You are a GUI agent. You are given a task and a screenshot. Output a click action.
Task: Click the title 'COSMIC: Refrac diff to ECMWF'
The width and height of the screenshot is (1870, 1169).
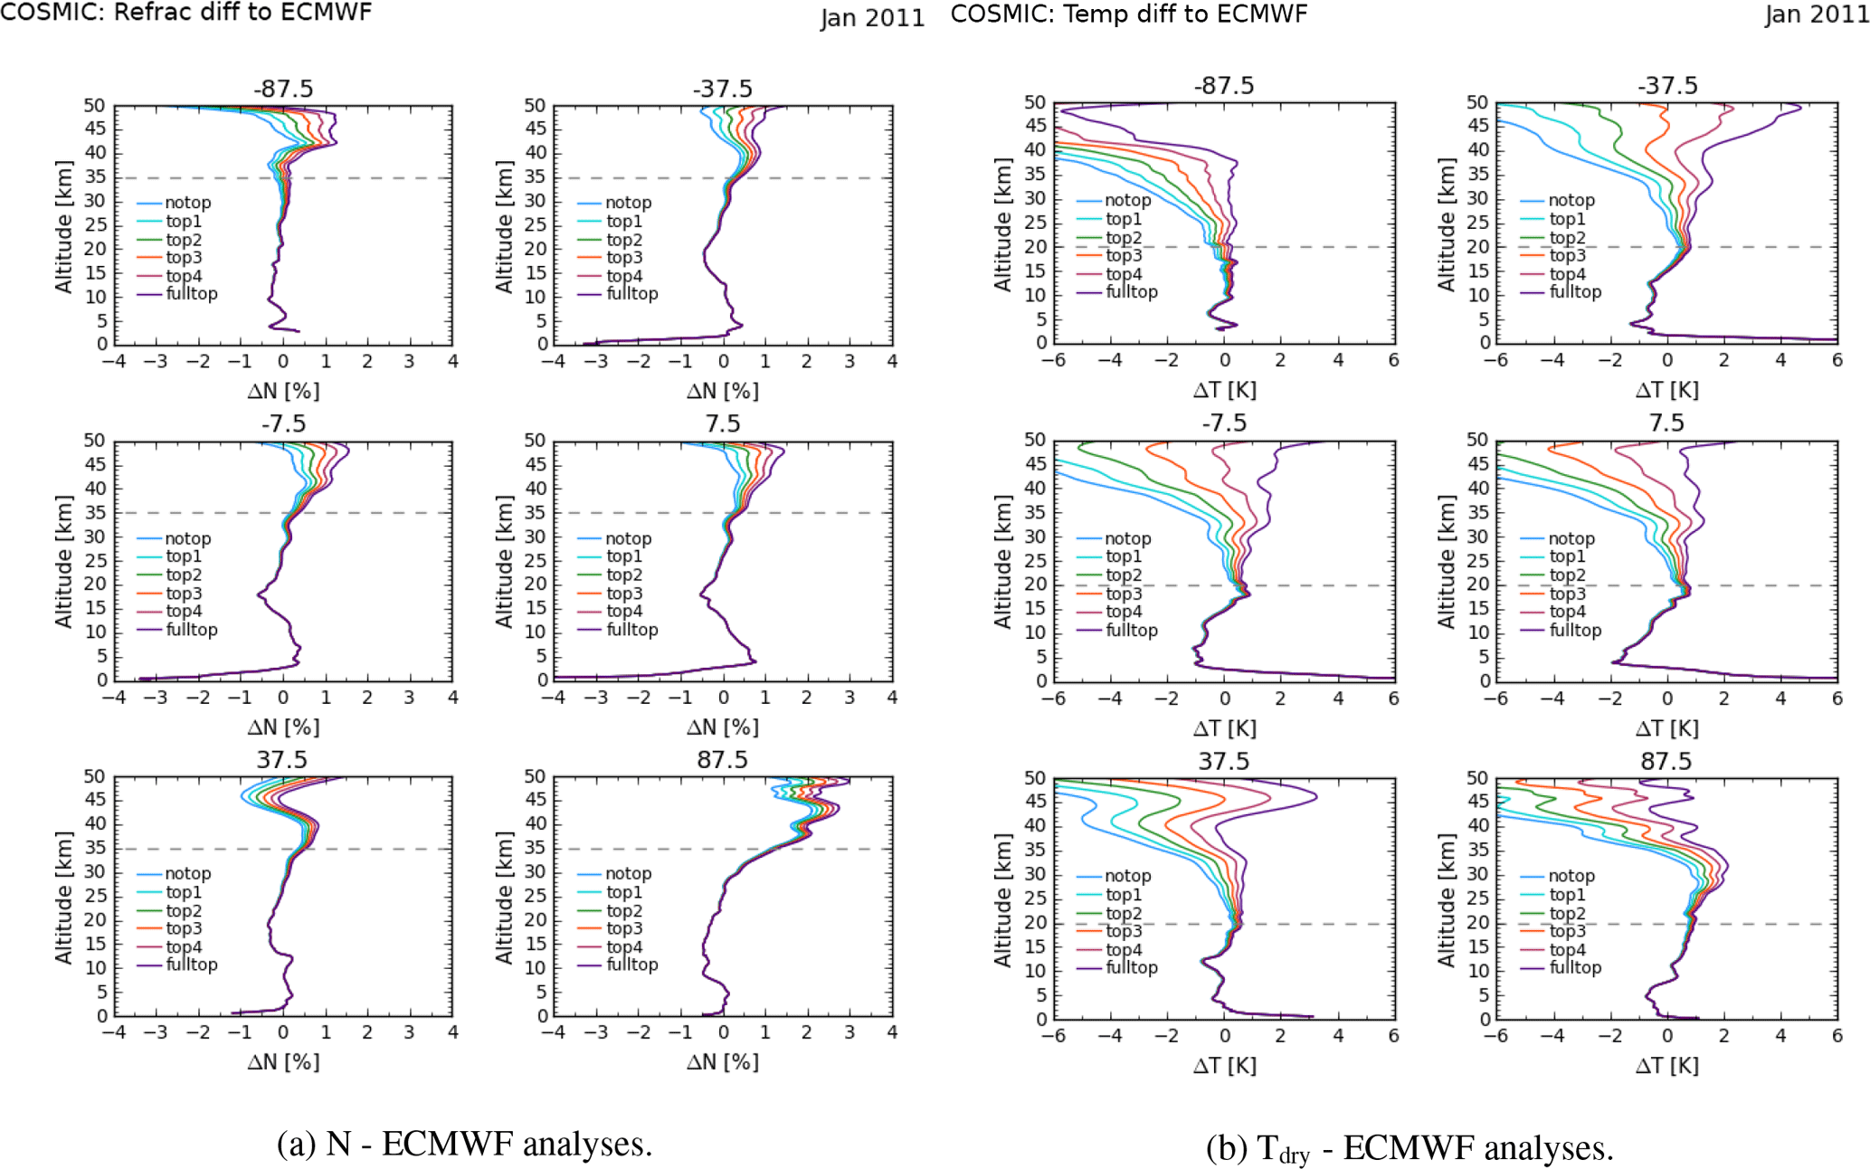click(185, 12)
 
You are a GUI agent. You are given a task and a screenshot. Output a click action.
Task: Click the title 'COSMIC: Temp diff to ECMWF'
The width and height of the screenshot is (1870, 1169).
click(1128, 14)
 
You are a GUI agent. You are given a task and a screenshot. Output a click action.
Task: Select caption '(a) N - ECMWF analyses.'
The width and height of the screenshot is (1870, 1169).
click(464, 1144)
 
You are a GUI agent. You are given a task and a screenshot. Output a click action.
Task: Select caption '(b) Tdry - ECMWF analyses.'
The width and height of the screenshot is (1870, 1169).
click(1410, 1148)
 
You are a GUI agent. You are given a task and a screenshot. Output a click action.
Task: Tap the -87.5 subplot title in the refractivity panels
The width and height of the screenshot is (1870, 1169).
click(283, 89)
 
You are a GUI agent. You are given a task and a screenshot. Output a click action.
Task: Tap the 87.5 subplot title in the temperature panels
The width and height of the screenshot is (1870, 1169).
click(1666, 761)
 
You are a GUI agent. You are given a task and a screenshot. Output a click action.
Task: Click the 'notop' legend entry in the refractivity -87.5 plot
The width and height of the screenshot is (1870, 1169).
click(187, 203)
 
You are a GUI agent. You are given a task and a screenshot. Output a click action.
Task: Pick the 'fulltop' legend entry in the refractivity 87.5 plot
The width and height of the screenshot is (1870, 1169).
click(631, 965)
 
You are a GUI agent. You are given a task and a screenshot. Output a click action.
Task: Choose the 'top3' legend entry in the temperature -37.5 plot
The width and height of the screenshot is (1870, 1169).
click(1567, 255)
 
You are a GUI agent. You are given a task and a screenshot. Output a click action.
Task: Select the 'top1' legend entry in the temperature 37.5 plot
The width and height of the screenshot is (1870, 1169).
click(1123, 895)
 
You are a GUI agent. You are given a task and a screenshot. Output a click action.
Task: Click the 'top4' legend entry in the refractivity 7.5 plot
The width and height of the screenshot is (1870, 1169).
click(624, 612)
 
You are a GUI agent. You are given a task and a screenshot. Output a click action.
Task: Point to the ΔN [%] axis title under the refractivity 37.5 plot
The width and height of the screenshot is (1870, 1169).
click(283, 1061)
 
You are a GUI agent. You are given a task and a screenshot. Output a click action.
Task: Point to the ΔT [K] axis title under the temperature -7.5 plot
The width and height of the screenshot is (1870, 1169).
click(1224, 727)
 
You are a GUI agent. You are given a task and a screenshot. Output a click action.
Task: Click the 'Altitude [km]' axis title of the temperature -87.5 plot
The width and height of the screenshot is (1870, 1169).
click(1002, 224)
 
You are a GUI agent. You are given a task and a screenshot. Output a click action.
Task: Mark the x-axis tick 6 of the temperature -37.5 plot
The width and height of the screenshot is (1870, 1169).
click(1837, 360)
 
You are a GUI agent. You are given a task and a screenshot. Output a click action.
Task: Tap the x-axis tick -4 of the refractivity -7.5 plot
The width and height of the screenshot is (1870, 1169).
click(114, 698)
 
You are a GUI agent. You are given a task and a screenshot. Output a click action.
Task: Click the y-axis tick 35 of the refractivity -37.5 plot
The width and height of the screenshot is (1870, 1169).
click(536, 176)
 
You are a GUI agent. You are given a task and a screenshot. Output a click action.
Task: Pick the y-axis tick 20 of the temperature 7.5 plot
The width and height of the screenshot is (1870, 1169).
click(1477, 584)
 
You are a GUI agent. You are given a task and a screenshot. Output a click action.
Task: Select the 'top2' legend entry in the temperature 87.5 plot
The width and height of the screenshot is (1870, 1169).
click(1567, 914)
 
